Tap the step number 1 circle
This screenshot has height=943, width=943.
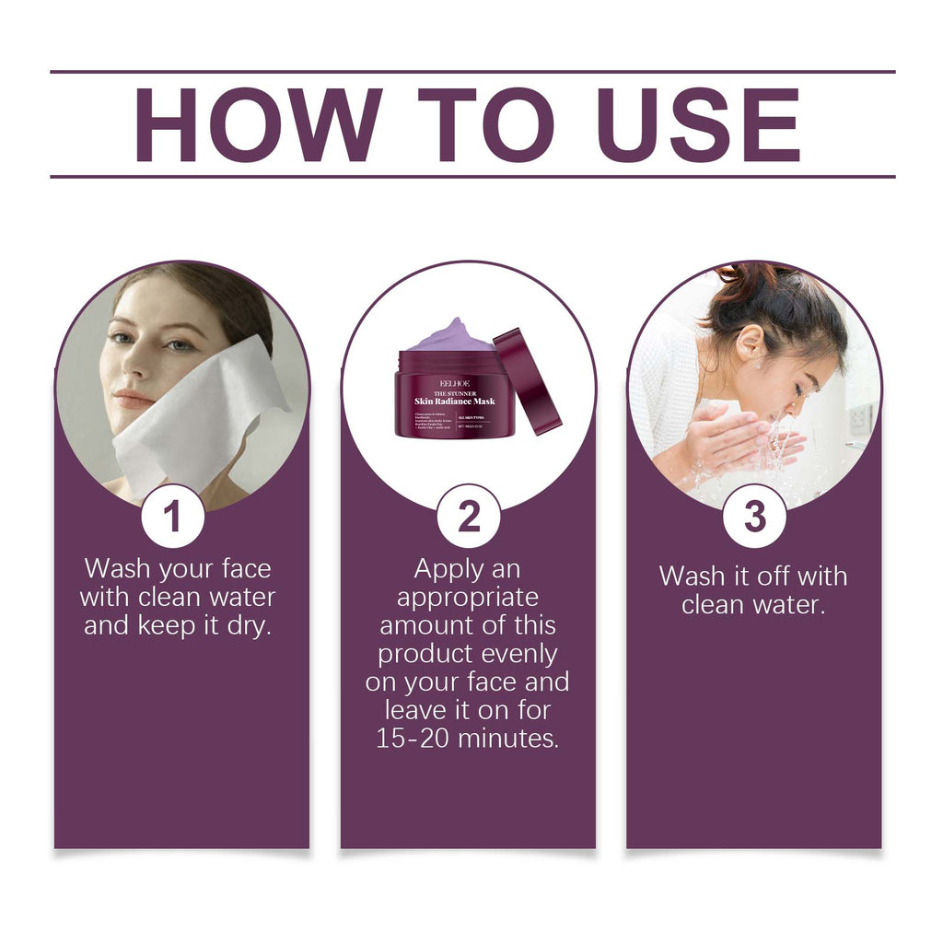pos(172,517)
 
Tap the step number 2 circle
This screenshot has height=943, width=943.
pos(469,517)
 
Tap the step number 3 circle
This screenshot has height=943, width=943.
pos(754,517)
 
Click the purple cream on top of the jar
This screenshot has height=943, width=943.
pos(450,336)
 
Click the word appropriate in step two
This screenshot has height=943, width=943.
pos(468,597)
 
